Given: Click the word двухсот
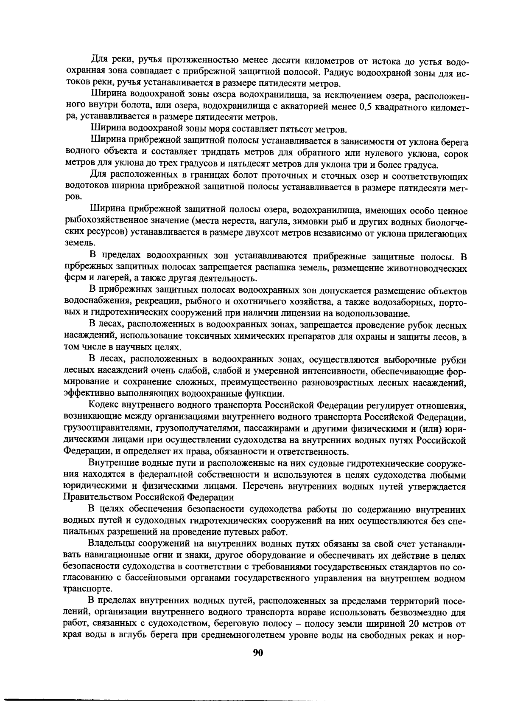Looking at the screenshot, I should tap(259, 234).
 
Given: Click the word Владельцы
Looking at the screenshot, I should tap(112, 544).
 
